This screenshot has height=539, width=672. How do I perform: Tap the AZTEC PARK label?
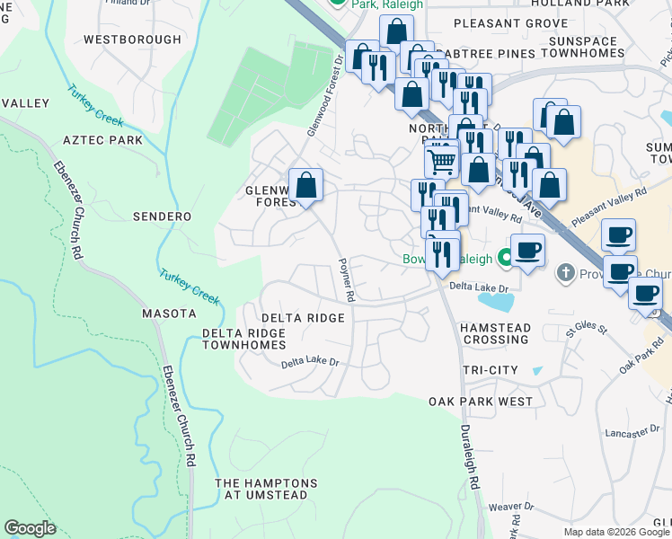tap(102, 141)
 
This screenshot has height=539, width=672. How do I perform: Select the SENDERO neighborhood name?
tap(162, 216)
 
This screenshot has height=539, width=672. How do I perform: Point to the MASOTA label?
tap(169, 314)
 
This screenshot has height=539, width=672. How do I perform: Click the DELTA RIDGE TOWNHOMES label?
tap(243, 339)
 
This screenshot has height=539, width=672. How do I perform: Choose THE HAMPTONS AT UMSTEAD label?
tap(266, 489)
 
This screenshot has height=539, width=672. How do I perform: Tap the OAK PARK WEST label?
tap(480, 402)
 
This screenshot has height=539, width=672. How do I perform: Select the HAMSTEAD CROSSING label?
tap(495, 334)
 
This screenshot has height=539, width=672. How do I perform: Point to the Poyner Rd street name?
tap(343, 278)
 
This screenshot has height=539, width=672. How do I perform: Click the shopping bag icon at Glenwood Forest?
tap(305, 186)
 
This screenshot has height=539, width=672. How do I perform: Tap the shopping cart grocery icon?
tap(441, 162)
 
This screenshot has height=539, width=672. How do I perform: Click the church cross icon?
tap(566, 271)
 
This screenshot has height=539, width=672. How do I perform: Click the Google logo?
tap(30, 528)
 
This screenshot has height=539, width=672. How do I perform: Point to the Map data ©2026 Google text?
tap(615, 532)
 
